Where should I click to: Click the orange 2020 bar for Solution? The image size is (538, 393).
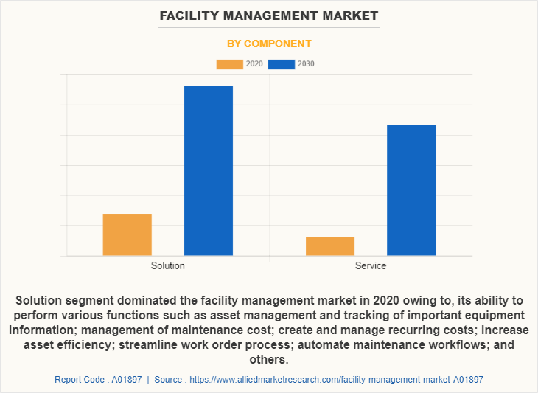pyautogui.click(x=127, y=234)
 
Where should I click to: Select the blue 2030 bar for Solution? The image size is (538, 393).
pyautogui.click(x=209, y=170)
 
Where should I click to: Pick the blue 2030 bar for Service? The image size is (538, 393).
pyautogui.click(x=411, y=190)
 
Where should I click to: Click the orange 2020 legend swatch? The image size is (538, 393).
pyautogui.click(x=229, y=64)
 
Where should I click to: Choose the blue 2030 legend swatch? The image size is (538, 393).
pyautogui.click(x=281, y=64)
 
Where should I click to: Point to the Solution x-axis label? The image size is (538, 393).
pyautogui.click(x=168, y=265)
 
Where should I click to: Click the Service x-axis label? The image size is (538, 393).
pyautogui.click(x=371, y=265)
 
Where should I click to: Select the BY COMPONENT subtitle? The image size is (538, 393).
pyautogui.click(x=269, y=44)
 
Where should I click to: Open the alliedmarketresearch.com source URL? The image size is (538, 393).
pyautogui.click(x=337, y=379)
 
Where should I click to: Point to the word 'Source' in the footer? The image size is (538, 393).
pyautogui.click(x=169, y=379)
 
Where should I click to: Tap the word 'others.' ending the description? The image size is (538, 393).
pyautogui.click(x=269, y=359)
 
